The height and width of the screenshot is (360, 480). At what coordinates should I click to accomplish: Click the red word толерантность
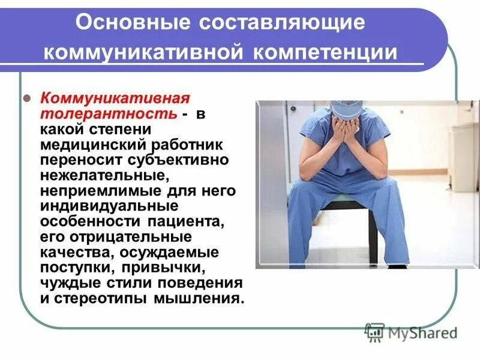point(109,113)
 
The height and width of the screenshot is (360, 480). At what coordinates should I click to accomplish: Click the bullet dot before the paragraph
point(26,98)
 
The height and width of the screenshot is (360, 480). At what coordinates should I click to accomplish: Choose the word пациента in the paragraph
point(189,222)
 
